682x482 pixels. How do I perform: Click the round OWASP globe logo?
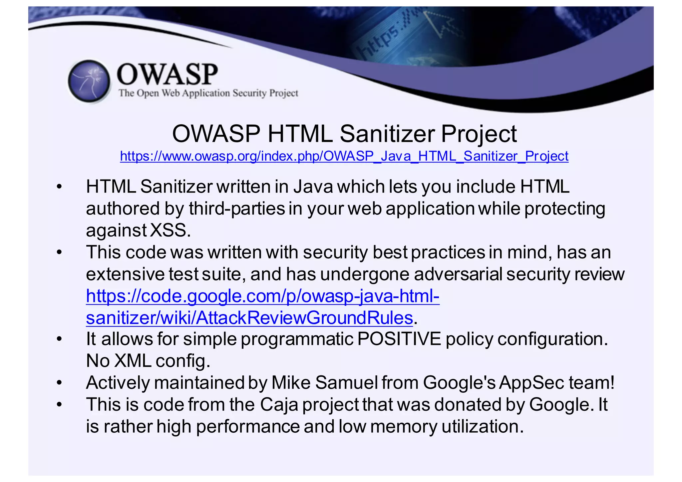pos(89,81)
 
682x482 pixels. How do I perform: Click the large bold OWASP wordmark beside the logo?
pos(168,74)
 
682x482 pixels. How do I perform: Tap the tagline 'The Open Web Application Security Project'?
pos(208,93)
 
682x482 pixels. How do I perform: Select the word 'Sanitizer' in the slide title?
pos(387,134)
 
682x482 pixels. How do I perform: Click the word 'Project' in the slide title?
pos(479,134)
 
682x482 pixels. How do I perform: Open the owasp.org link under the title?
pos(344,156)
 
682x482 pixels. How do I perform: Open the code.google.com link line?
pos(263,296)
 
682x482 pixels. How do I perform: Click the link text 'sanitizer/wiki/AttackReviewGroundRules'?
pos(249,317)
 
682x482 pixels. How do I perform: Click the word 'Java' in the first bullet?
pos(313,187)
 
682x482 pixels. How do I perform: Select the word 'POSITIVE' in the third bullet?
pos(399,339)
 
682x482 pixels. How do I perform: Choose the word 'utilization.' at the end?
pos(483,426)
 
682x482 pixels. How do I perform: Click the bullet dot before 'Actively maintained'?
pos(59,383)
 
